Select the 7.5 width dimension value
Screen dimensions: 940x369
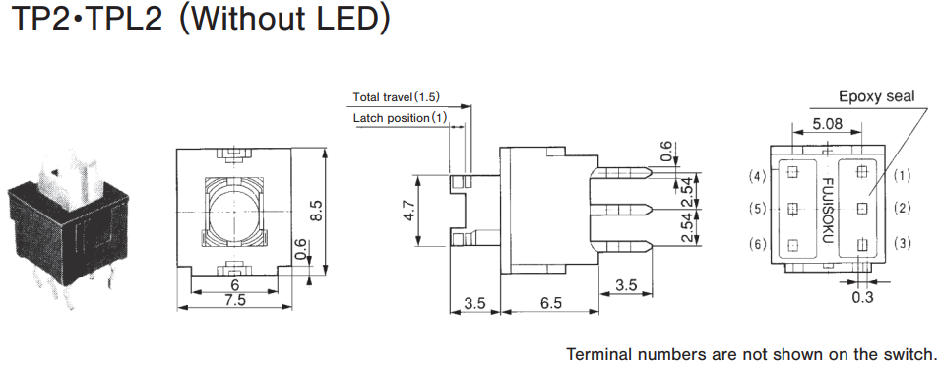[234, 299]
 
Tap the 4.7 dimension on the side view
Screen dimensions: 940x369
[409, 211]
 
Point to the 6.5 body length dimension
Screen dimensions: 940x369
[550, 303]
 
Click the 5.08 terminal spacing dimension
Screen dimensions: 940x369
[827, 124]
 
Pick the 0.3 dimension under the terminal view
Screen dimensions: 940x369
[862, 297]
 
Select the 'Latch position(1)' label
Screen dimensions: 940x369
[401, 118]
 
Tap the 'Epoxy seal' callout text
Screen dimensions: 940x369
[876, 96]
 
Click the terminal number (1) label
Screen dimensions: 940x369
[902, 175]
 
